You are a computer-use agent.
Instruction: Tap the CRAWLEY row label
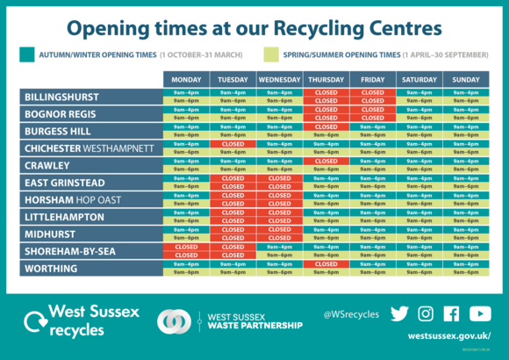(x=47, y=165)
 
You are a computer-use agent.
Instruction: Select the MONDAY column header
(x=185, y=79)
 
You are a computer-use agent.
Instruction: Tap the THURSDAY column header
(x=326, y=79)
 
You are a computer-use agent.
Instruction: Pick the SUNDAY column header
(x=466, y=79)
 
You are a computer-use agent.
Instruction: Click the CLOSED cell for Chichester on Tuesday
(x=233, y=144)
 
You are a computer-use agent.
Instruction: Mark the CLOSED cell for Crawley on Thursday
(x=326, y=161)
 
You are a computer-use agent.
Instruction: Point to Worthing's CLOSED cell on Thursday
(x=326, y=264)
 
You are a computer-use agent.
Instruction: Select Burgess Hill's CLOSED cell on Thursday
(x=326, y=126)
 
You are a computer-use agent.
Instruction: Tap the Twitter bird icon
(x=400, y=313)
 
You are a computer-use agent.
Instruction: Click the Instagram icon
(x=426, y=313)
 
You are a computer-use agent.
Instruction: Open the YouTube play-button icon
(x=480, y=313)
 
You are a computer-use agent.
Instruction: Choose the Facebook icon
(x=452, y=313)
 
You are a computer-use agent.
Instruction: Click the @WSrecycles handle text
(x=351, y=314)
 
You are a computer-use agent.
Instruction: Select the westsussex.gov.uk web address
(x=448, y=336)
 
